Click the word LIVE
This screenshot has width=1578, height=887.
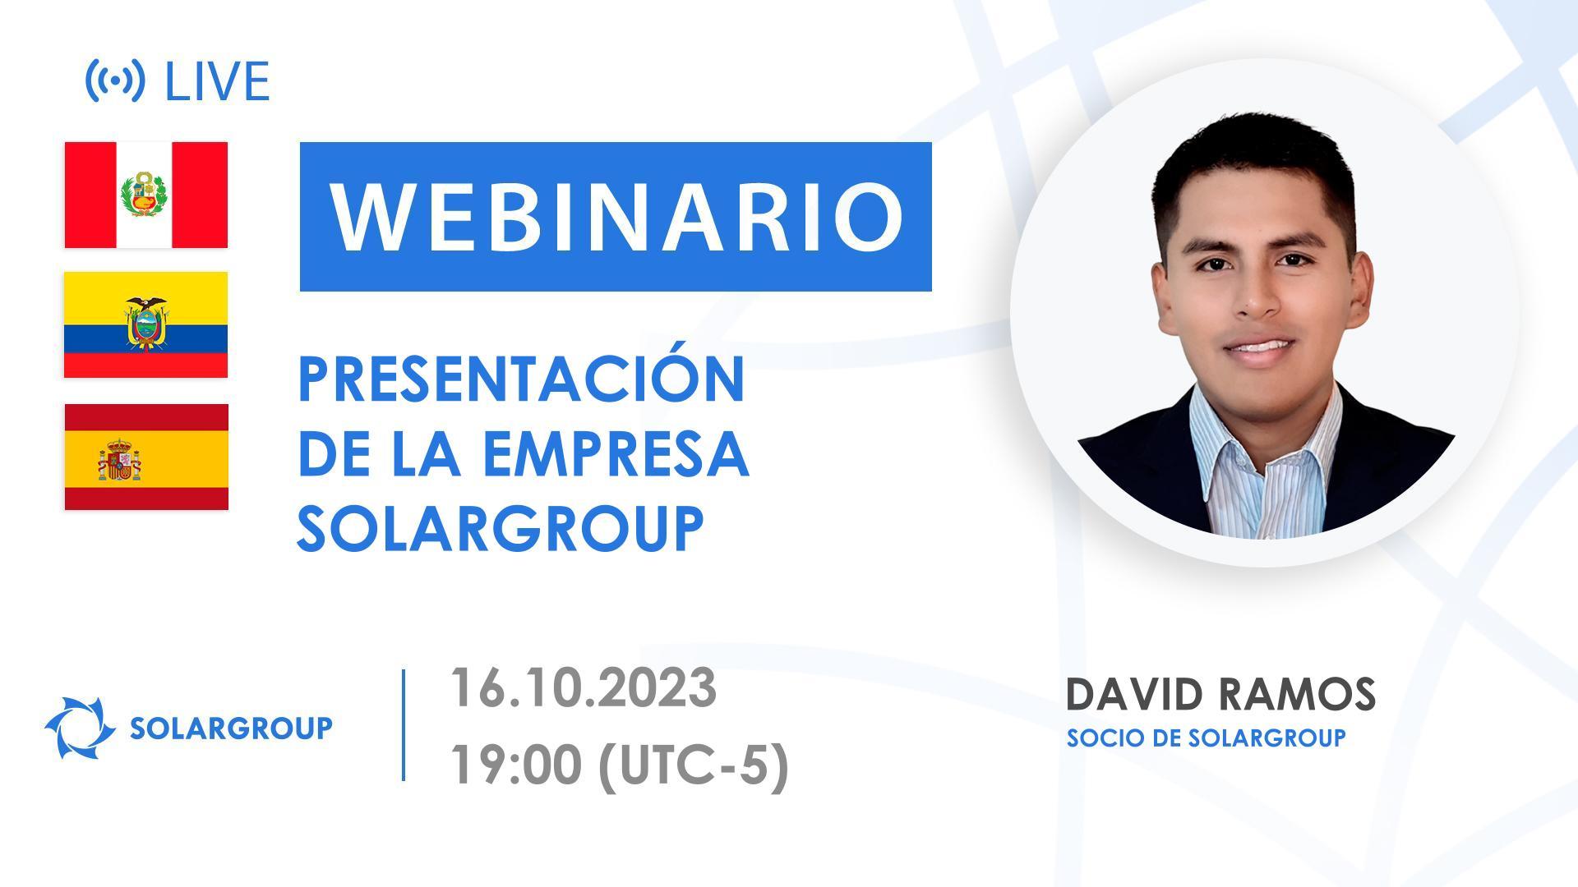(x=217, y=81)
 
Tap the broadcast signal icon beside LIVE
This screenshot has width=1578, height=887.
(x=115, y=80)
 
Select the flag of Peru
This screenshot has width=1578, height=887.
(x=146, y=195)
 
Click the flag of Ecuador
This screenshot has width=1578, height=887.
(x=146, y=324)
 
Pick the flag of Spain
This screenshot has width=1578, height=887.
(x=146, y=457)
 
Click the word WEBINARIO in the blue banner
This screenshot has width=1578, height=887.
(x=616, y=217)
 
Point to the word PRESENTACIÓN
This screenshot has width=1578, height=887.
(x=521, y=379)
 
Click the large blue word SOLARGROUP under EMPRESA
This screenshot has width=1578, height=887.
(x=500, y=528)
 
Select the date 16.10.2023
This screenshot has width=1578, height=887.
(x=583, y=687)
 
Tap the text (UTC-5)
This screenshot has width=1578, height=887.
(x=694, y=765)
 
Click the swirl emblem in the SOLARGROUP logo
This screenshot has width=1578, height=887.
(x=79, y=727)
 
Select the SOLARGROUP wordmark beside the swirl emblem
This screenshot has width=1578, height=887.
(x=231, y=728)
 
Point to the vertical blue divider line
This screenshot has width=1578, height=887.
(x=404, y=724)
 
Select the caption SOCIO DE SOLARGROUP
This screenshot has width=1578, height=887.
(x=1206, y=738)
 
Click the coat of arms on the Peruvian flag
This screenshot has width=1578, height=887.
(x=145, y=195)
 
